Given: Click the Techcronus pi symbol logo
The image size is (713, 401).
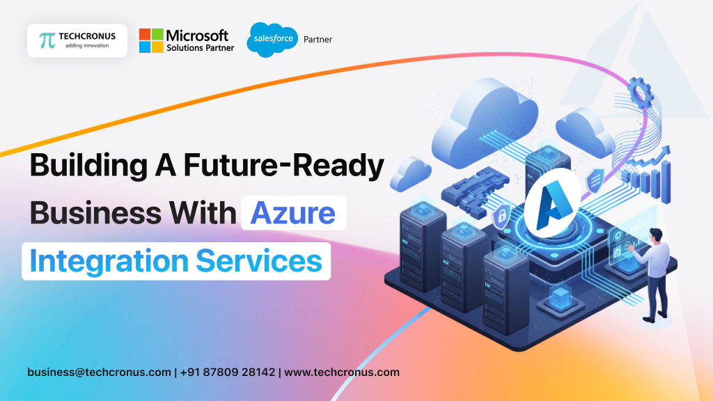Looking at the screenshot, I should click(47, 40).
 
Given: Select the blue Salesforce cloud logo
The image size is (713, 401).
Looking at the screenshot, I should click(272, 40).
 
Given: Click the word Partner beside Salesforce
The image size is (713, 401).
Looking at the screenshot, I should click(318, 40).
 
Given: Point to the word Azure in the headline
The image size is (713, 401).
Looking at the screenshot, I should click(293, 212).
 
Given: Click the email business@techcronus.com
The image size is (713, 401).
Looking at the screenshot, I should click(99, 372).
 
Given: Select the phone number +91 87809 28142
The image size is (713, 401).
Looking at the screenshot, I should click(228, 372).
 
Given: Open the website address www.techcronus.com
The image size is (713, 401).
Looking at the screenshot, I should click(342, 372).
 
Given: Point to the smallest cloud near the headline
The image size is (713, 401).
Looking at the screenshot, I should click(410, 173).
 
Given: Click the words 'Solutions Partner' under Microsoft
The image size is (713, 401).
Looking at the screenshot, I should click(200, 47).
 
